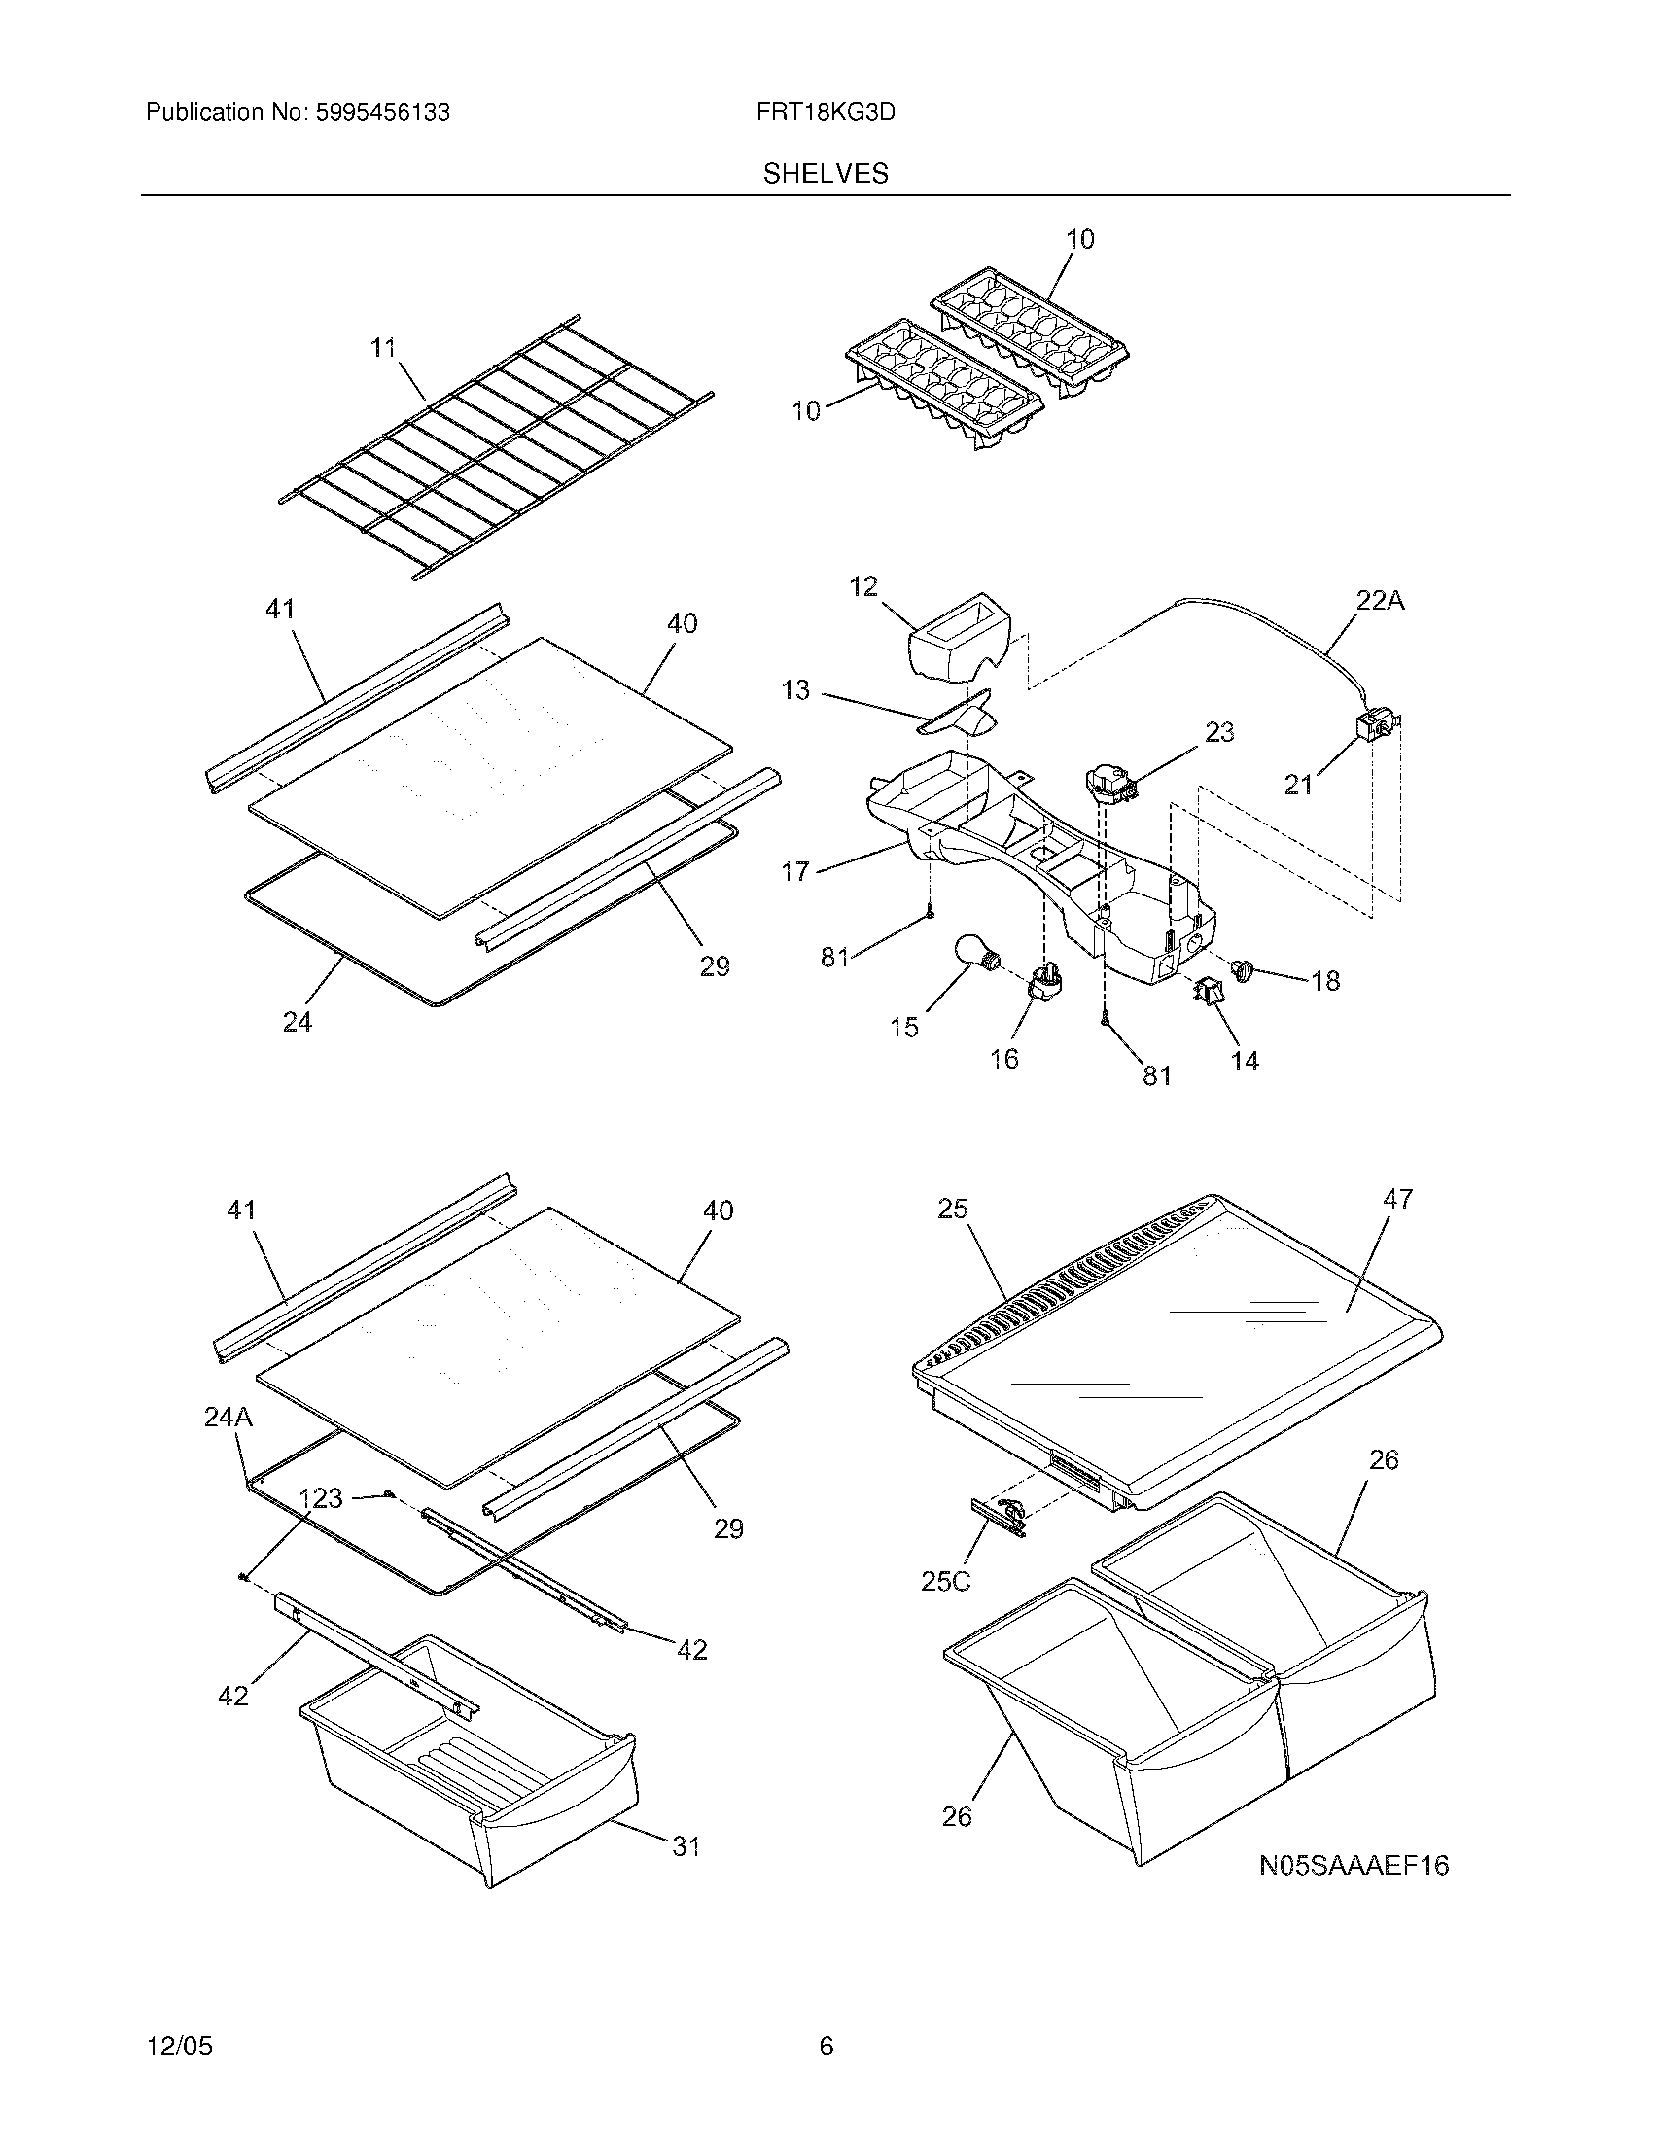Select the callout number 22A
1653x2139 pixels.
[1379, 600]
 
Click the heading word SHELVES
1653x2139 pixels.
[826, 174]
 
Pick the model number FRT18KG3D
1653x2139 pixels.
[826, 113]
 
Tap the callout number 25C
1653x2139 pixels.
[945, 1608]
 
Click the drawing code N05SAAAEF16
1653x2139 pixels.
[1354, 1866]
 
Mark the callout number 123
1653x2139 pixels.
[320, 1498]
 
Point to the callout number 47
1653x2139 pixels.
[1397, 1199]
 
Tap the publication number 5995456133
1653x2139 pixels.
[382, 113]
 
